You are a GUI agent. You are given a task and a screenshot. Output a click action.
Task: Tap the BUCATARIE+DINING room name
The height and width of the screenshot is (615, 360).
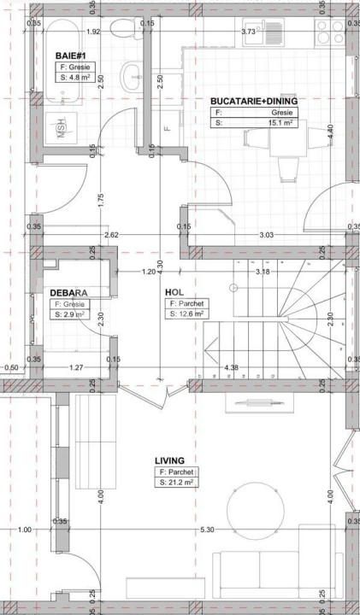coord(254,101)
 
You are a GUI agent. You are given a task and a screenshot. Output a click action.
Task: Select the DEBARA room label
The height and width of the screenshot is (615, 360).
coord(68,291)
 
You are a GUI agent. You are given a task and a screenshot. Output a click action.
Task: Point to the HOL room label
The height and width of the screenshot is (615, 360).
coord(174,291)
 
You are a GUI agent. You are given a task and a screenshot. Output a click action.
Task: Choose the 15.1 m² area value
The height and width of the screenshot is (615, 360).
coord(279,123)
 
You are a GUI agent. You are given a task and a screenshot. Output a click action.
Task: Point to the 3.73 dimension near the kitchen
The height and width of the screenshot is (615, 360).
coord(249,32)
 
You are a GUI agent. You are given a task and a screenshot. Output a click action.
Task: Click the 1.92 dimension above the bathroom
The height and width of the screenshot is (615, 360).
coord(94,32)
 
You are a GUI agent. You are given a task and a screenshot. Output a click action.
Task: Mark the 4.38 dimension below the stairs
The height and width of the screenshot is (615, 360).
coord(231,369)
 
